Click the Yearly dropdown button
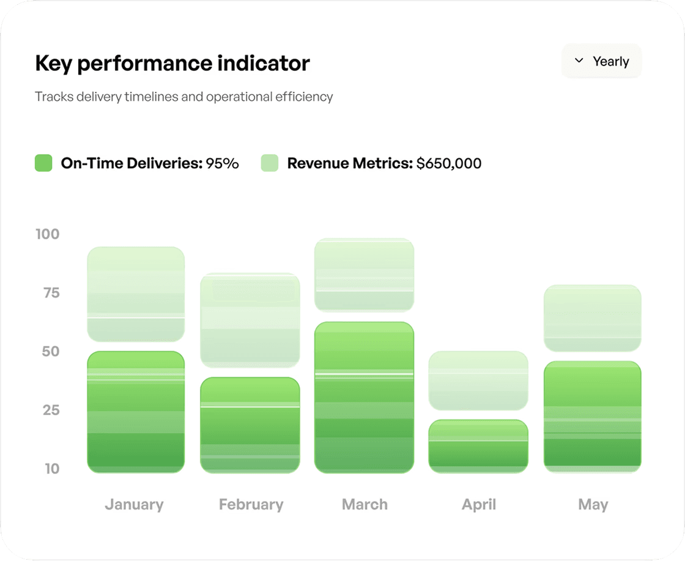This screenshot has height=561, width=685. click(601, 61)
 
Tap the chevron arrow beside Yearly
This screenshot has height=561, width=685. click(579, 61)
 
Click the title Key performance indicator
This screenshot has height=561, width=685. click(172, 63)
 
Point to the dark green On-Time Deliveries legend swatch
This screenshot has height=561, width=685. click(43, 163)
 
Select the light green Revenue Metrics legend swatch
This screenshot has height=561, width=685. click(270, 163)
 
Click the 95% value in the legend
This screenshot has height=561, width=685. click(222, 163)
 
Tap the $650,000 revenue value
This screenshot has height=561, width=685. click(449, 163)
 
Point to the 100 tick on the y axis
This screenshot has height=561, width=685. click(47, 234)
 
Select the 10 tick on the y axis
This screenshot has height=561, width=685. click(51, 469)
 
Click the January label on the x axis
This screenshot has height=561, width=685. click(134, 505)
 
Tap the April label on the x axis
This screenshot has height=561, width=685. click(479, 505)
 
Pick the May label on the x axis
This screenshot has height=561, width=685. click(593, 505)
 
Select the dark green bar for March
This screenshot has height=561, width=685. click(365, 397)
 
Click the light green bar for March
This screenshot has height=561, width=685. click(365, 274)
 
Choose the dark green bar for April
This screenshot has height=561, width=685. click(478, 446)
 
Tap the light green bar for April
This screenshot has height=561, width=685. click(478, 380)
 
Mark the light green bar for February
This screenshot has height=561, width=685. click(250, 320)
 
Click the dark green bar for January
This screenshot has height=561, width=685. click(136, 412)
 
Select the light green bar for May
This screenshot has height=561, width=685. click(592, 318)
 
